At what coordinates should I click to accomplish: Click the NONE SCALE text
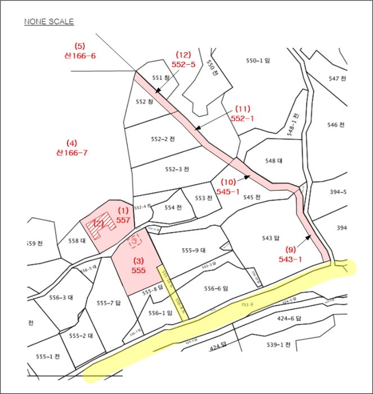(x=48, y=22)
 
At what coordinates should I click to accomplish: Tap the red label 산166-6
(x=80, y=56)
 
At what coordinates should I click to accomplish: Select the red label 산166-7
(x=71, y=153)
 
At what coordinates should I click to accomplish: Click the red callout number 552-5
(x=183, y=64)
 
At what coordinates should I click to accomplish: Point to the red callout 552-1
(x=242, y=118)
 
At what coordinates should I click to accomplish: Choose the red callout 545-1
(x=228, y=191)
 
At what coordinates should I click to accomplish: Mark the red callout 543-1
(x=290, y=259)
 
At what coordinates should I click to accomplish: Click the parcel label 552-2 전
(x=163, y=139)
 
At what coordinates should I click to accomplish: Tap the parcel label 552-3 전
(x=177, y=169)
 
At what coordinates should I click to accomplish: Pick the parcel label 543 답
(x=271, y=238)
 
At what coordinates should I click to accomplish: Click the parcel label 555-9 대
(x=194, y=250)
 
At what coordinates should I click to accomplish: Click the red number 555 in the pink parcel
(x=139, y=270)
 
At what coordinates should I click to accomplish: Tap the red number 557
(x=123, y=220)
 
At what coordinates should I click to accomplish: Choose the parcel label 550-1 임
(x=258, y=60)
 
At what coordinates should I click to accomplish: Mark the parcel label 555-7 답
(x=109, y=303)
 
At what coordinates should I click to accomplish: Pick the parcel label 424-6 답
(x=290, y=319)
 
